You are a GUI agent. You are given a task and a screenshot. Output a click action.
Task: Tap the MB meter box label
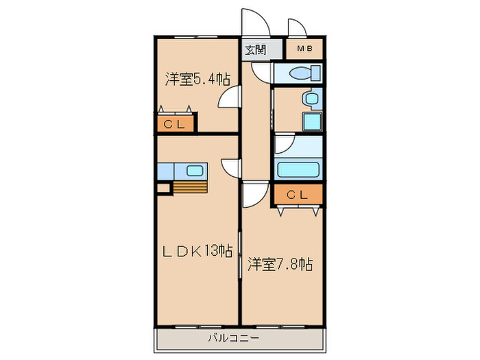pyautogui.click(x=304, y=49)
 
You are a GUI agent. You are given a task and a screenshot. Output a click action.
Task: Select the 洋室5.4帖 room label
pyautogui.click(x=196, y=80)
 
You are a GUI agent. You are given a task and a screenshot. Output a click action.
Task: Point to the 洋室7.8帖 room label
pyautogui.click(x=280, y=264)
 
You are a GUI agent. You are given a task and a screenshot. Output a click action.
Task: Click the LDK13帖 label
pyautogui.click(x=197, y=250)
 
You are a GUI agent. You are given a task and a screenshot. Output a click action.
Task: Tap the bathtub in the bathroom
pyautogui.click(x=299, y=169)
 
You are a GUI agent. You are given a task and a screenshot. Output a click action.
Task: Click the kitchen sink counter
pyautogui.click(x=181, y=171)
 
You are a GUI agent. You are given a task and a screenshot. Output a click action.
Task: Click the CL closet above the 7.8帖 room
pyautogui.click(x=298, y=195)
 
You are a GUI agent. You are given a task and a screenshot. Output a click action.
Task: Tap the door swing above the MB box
pyautogui.click(x=297, y=29)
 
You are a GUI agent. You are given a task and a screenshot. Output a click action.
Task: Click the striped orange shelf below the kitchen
pyautogui.click(x=189, y=187)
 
